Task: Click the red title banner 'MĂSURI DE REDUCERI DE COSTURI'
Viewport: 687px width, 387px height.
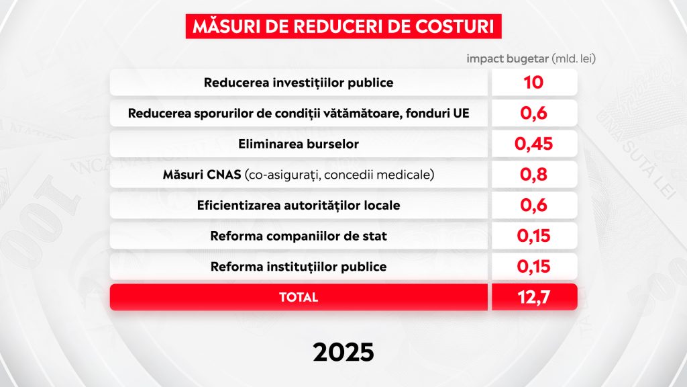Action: [343, 26]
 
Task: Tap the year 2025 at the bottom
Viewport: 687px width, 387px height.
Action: [343, 352]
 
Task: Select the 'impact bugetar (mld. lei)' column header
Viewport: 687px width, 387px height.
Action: [531, 59]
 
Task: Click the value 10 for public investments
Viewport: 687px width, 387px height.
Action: [533, 83]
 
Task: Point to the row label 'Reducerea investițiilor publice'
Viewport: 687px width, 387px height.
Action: [299, 83]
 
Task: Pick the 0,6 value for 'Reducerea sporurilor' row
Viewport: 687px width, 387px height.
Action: [533, 113]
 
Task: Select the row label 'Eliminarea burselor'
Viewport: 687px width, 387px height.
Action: [299, 144]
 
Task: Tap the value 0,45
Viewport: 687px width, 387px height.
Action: [533, 144]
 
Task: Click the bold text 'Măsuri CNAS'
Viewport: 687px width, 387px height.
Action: [202, 175]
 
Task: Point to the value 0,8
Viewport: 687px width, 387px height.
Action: [533, 175]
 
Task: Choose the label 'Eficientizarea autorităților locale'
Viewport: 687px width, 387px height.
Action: [299, 206]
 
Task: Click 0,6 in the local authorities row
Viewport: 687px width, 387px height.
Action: [533, 206]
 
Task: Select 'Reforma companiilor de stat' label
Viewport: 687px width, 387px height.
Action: [299, 236]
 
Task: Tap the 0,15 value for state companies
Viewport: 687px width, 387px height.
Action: [533, 236]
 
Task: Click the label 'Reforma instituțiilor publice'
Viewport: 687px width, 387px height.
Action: [299, 267]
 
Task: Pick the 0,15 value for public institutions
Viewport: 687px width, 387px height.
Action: [533, 267]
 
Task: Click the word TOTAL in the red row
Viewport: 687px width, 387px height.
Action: [299, 297]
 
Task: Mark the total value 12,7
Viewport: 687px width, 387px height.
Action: [533, 297]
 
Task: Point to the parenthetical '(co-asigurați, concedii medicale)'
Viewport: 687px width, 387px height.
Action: [339, 175]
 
